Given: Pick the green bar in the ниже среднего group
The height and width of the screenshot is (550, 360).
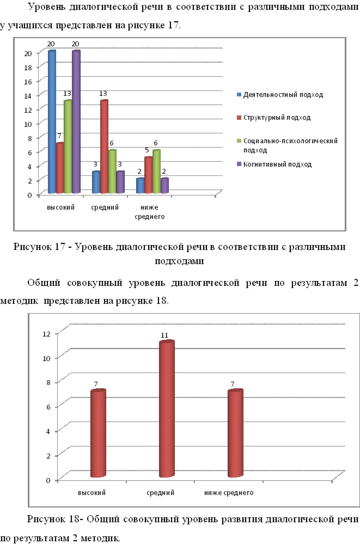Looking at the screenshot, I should [156, 171].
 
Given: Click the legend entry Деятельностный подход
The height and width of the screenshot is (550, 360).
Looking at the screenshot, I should [283, 95].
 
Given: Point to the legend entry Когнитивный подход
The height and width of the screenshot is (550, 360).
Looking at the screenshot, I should [277, 164].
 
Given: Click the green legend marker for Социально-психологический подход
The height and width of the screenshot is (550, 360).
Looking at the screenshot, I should [239, 140].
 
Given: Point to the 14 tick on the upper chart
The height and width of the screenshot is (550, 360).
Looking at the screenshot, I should [27, 95].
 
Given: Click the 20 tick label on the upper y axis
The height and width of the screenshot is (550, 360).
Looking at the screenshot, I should [27, 53].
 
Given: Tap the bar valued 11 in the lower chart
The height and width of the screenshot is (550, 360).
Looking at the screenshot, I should [166, 408].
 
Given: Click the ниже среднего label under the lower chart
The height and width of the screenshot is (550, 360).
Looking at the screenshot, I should [229, 493].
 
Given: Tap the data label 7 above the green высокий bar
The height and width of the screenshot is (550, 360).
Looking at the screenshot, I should [59, 136].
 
